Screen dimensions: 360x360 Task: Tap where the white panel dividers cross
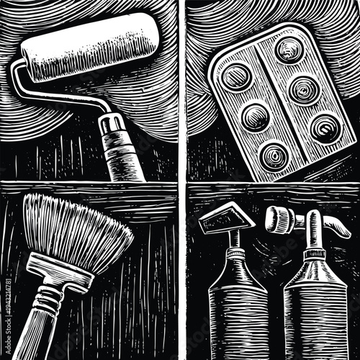(182, 181)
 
